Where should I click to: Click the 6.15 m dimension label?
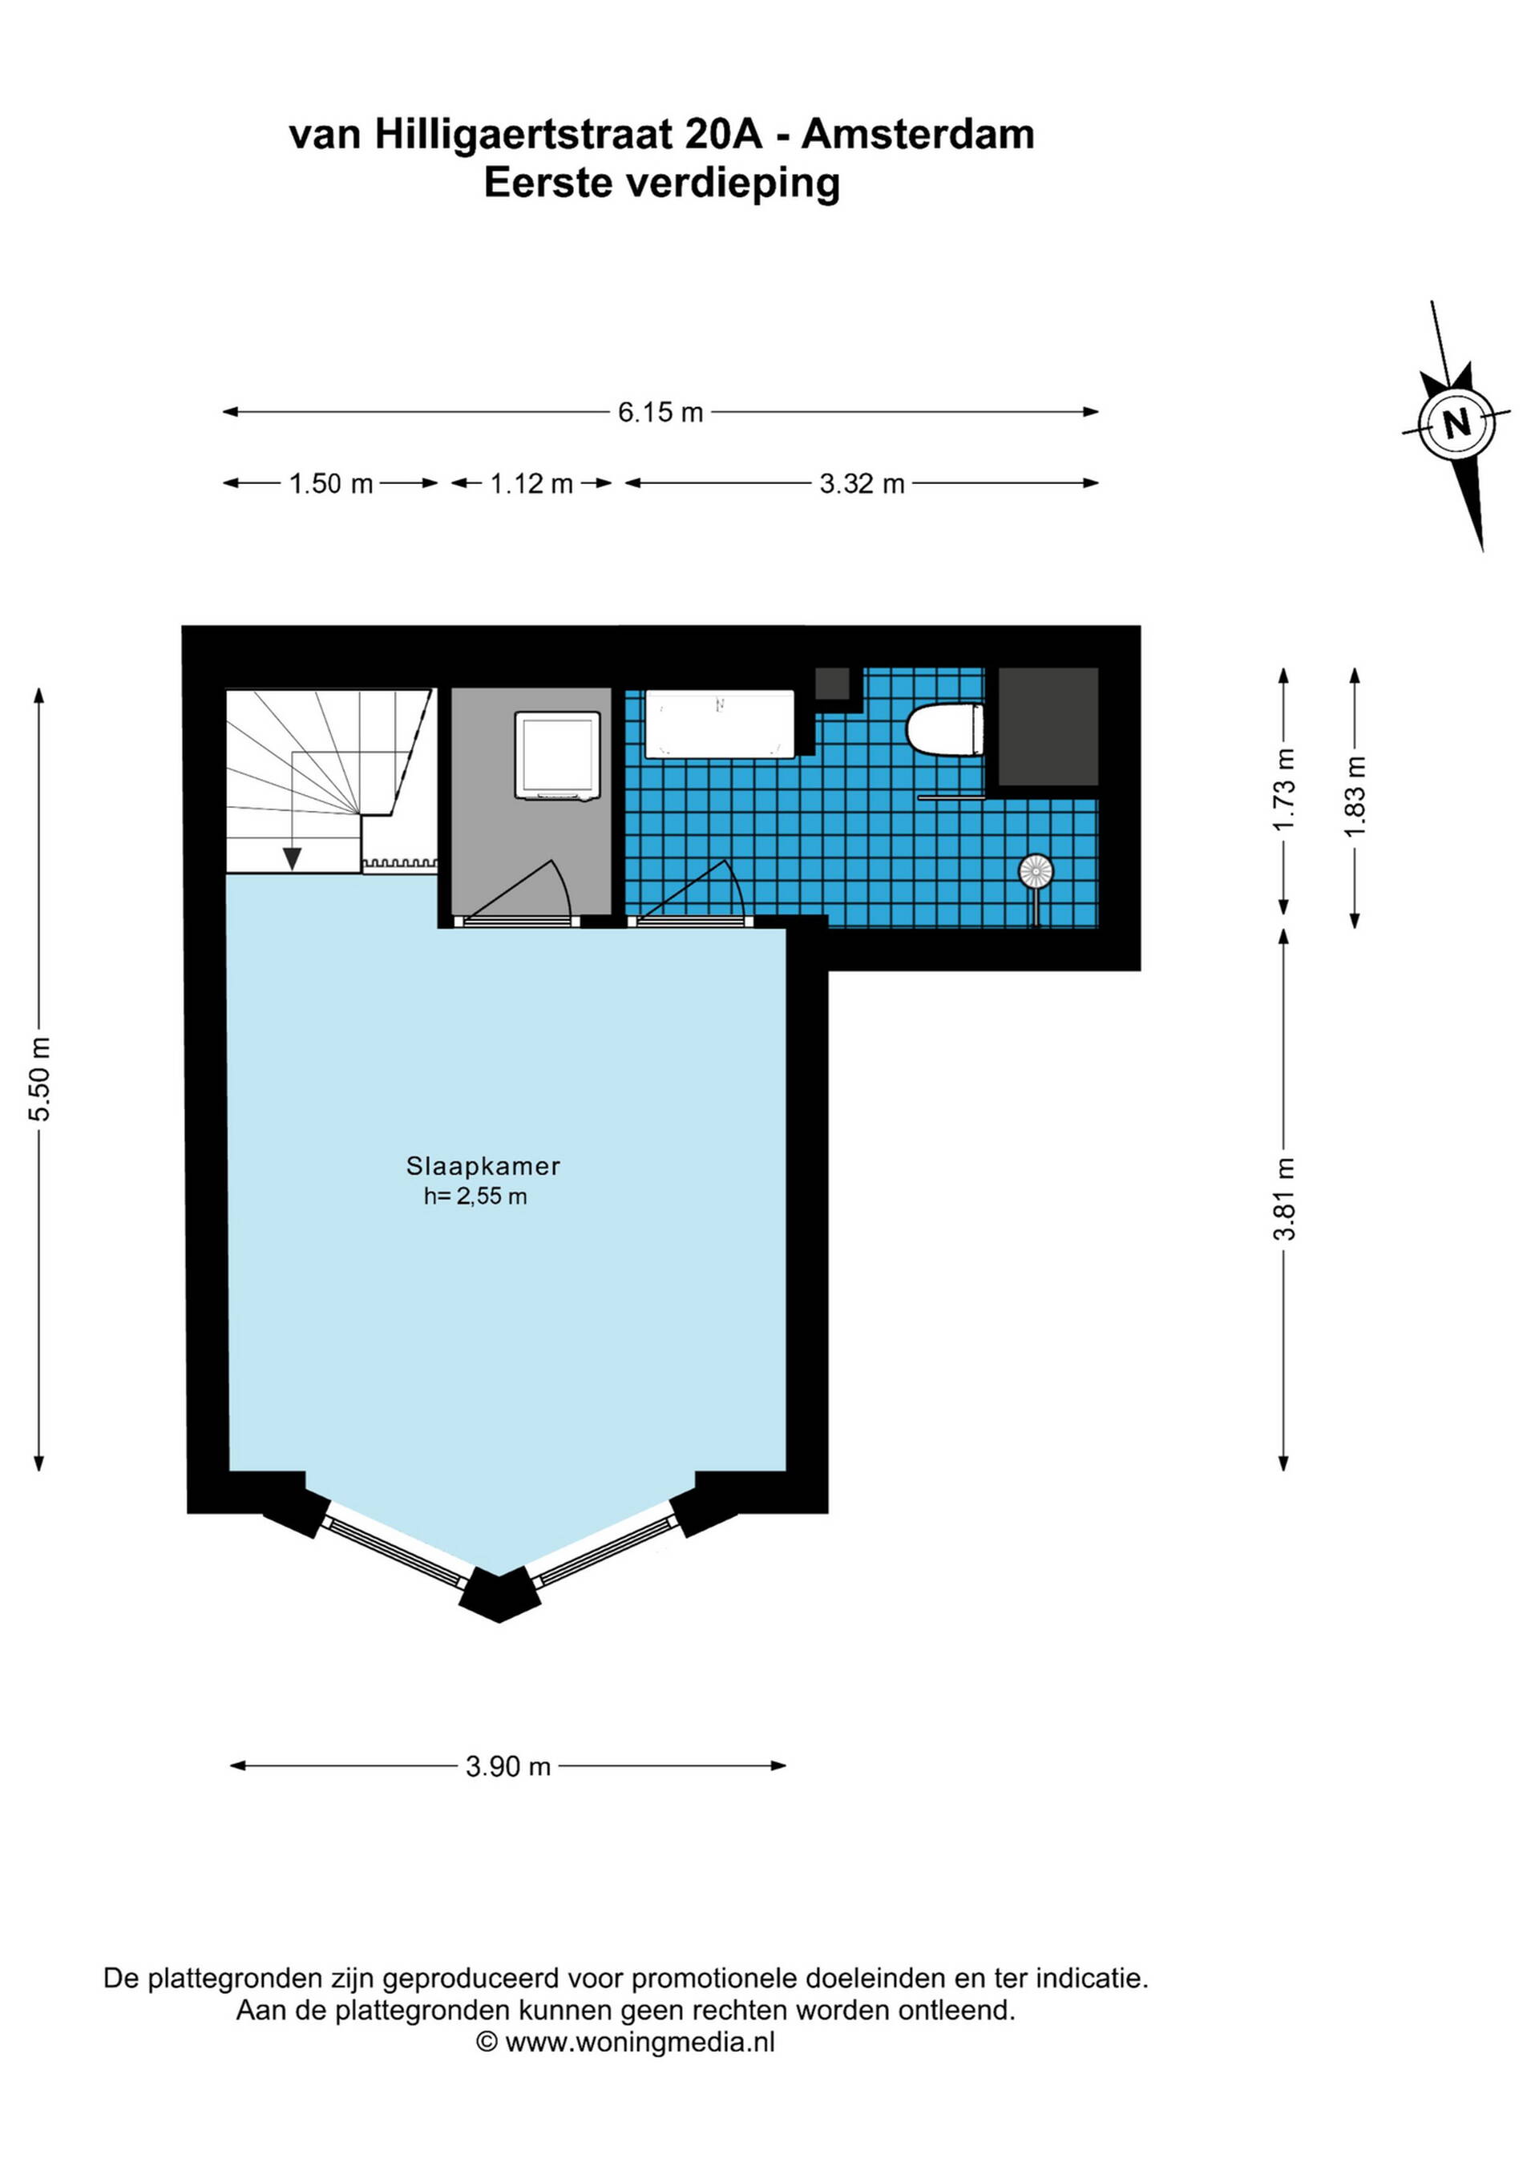pos(660,412)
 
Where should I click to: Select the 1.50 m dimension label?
pos(331,484)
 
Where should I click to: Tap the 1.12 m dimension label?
pos(531,484)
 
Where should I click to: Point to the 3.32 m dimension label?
pos(862,484)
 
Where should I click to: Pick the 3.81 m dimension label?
pos(1284,1198)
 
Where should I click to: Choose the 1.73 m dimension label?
pos(1284,790)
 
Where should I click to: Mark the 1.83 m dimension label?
pos(1355,796)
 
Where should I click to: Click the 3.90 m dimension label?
pos(508,1767)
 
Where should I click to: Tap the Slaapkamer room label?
pos(483,1166)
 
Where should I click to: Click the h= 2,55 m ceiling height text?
pos(475,1196)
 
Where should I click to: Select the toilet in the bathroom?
pos(945,729)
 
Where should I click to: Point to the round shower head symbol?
pos(1036,870)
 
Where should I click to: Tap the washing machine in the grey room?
pos(557,756)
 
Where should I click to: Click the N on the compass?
pos(1456,422)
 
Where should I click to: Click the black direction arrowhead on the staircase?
pos(292,859)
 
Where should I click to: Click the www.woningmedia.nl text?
pos(640,2043)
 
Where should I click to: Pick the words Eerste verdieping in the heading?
pos(661,183)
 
